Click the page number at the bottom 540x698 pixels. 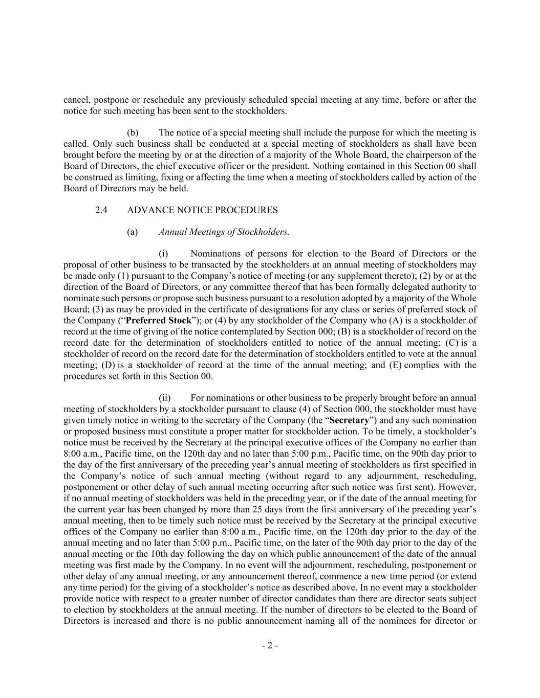pyautogui.click(x=270, y=645)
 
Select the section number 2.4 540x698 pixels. pyautogui.click(x=101, y=210)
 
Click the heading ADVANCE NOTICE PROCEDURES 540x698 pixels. pyautogui.click(x=202, y=210)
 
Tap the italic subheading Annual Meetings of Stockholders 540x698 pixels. pyautogui.click(x=224, y=232)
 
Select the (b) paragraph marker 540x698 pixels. pyautogui.click(x=133, y=133)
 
